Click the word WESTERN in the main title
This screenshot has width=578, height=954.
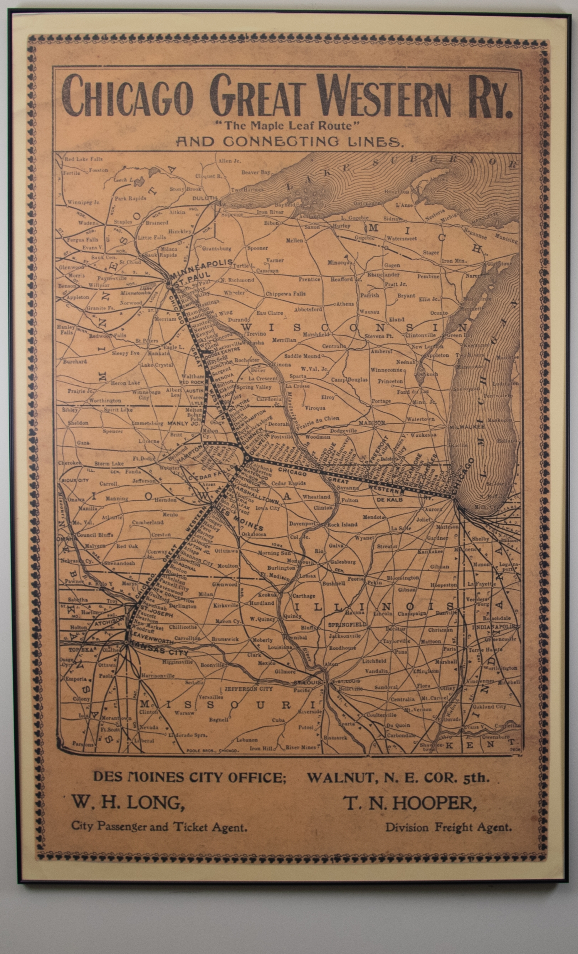383,97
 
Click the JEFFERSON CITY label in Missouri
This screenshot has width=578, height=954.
249,689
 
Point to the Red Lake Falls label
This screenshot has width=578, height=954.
83,159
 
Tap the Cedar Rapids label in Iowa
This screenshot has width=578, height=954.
288,483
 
